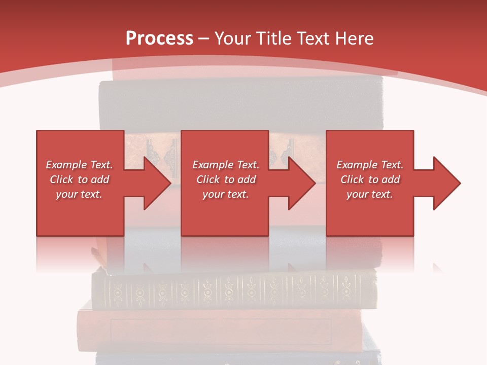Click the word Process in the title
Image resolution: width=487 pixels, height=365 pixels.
pos(159,39)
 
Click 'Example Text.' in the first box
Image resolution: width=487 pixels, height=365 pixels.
pos(79,165)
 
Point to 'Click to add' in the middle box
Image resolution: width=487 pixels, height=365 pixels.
pos(226,179)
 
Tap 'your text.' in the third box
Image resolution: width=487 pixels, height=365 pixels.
pos(369,194)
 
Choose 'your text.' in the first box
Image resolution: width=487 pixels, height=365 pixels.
pos(79,194)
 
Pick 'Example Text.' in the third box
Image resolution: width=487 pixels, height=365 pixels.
pos(370,165)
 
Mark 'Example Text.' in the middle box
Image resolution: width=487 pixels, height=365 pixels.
pos(226,165)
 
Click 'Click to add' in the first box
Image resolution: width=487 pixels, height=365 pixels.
pos(79,179)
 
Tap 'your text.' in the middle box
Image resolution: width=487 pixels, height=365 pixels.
pos(226,194)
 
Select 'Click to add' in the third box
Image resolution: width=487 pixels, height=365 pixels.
pos(370,179)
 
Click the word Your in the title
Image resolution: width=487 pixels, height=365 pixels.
pos(232,39)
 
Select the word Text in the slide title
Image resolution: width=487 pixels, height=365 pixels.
pos(313,39)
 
